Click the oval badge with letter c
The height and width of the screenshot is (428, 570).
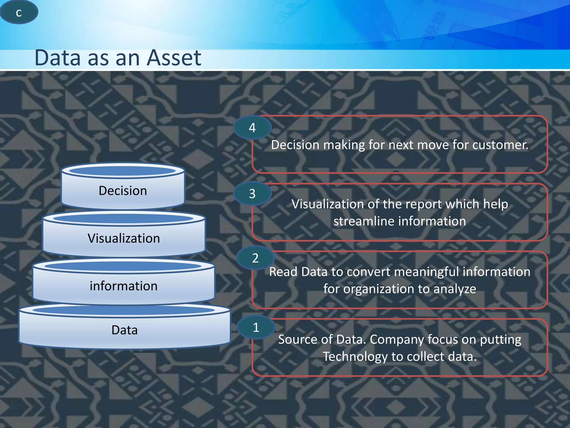click(19, 12)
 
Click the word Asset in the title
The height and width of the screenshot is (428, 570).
click(174, 58)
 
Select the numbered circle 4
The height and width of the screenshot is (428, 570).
click(252, 128)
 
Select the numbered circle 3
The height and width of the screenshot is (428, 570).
click(252, 194)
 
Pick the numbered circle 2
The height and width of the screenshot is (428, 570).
click(255, 258)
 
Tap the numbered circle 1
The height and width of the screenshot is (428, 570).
click(256, 327)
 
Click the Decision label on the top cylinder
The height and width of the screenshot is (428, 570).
click(123, 191)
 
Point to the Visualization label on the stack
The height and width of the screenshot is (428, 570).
click(124, 239)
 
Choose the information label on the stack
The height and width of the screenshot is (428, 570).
click(124, 286)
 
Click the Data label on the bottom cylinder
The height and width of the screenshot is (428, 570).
click(124, 330)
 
